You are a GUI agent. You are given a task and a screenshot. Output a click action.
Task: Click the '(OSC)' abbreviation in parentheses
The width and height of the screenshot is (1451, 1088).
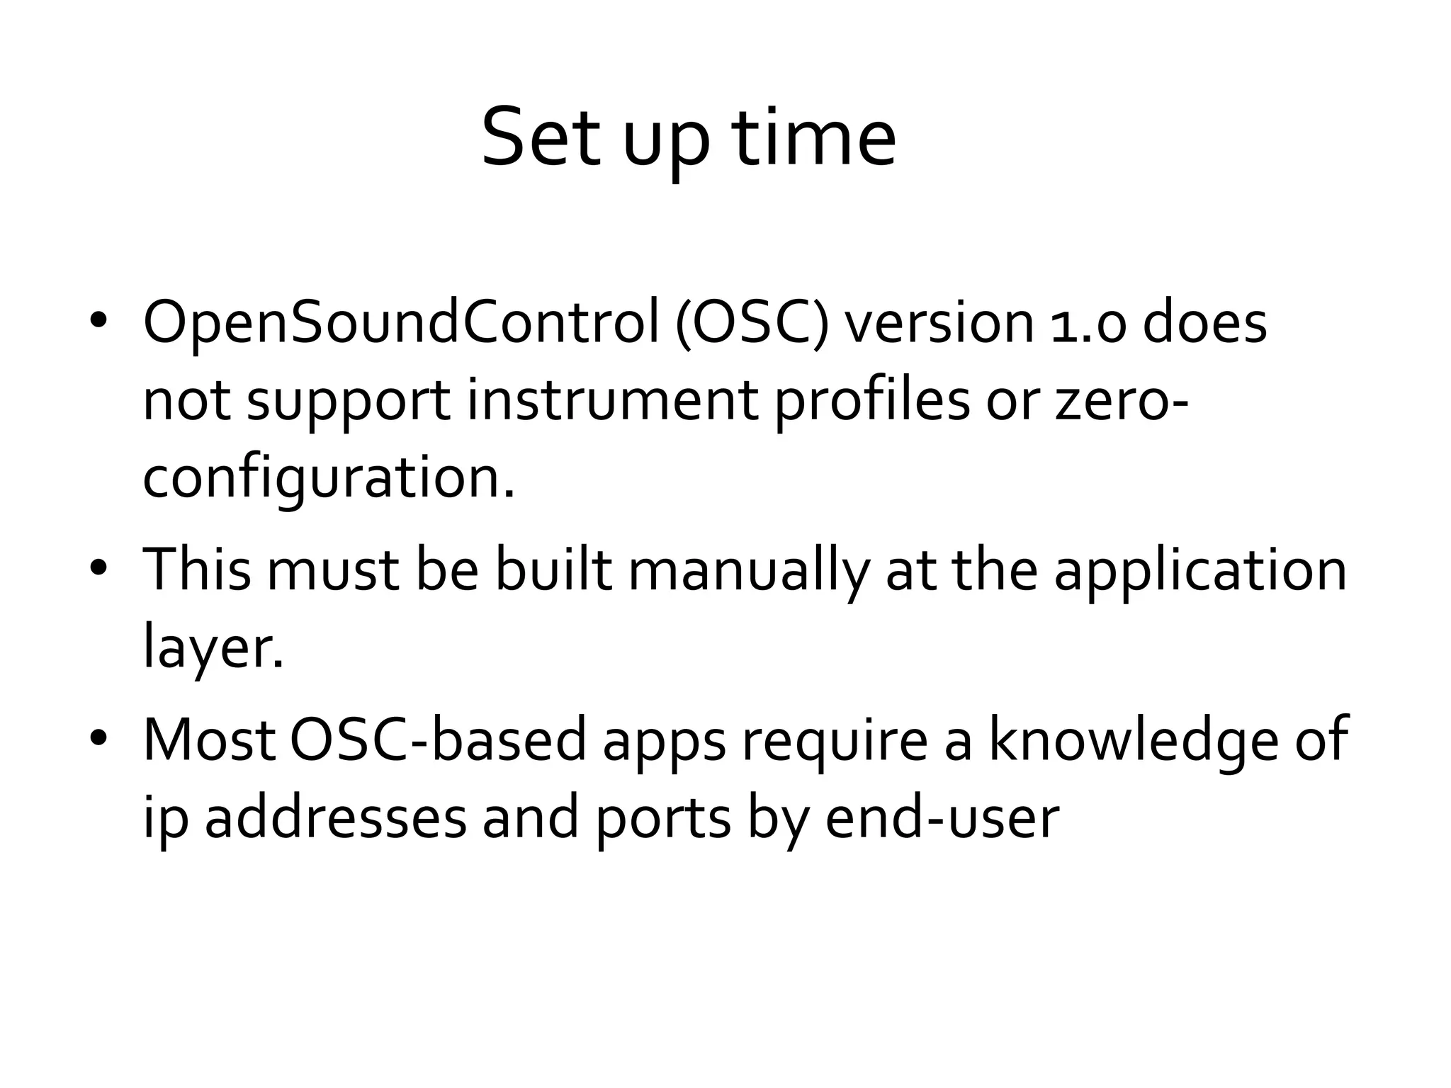point(752,324)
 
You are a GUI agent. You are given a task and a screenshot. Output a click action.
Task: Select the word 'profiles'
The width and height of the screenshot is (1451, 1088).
point(871,401)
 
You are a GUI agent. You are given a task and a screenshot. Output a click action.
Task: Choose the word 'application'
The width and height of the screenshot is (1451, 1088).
point(1200,571)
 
